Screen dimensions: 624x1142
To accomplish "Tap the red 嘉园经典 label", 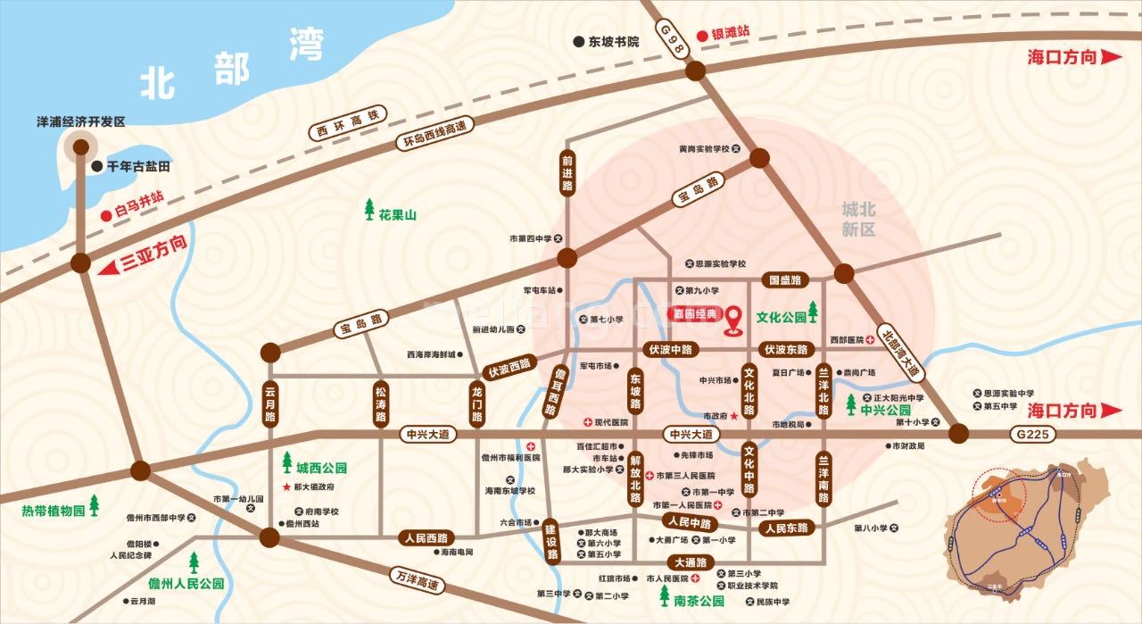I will (691, 315).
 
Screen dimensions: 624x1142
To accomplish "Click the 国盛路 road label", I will (785, 280).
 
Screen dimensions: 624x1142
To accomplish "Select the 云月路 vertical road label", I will (270, 404).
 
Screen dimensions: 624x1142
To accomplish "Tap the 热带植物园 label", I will (54, 512).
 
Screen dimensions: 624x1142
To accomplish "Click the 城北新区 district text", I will (859, 220).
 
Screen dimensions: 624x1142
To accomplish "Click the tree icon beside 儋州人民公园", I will (194, 563).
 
